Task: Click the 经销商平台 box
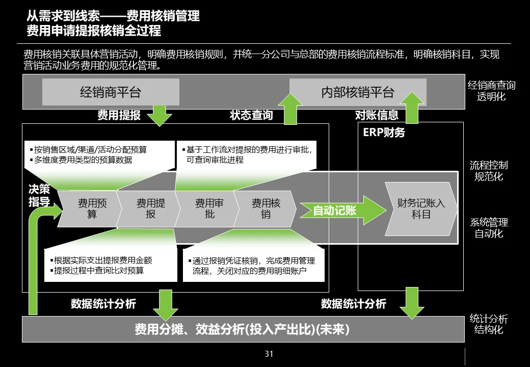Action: coord(110,92)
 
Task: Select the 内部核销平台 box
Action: coord(357,92)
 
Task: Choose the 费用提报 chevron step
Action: coord(150,209)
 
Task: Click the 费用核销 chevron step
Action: coord(266,209)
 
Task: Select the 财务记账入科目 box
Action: coord(421,209)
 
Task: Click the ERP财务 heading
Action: coord(384,133)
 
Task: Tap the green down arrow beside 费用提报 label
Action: coord(160,115)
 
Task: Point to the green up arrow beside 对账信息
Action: coord(411,108)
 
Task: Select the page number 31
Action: coord(269,354)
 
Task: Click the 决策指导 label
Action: coord(39,196)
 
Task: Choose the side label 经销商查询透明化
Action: coord(491,91)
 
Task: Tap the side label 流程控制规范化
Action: coord(488,171)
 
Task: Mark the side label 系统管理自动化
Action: coord(488,228)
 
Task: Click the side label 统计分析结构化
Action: coord(488,324)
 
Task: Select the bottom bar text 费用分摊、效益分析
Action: coord(242,330)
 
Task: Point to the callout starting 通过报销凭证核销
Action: coord(253,266)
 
